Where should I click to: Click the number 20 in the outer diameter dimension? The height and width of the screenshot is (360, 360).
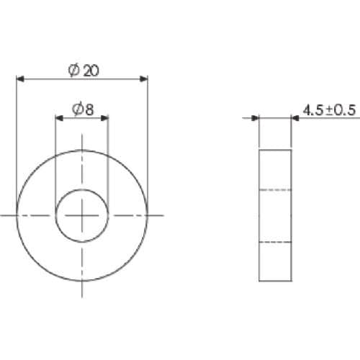tap(91, 70)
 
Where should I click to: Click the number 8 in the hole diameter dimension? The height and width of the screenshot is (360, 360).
tap(89, 109)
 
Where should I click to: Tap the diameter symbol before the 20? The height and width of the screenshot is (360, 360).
tap(74, 70)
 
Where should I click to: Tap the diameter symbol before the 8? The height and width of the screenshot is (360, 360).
tap(78, 109)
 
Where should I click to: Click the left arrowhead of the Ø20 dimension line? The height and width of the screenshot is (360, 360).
tap(20, 78)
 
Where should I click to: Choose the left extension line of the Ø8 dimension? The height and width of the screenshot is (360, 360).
tap(56, 158)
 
